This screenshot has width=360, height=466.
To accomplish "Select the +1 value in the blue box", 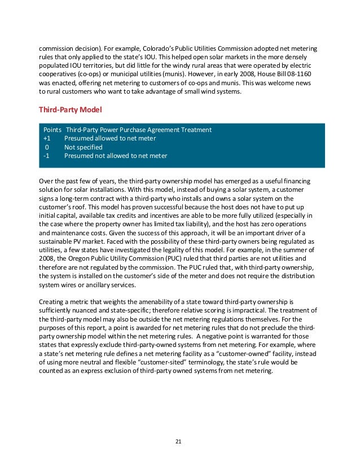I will (x=46, y=138).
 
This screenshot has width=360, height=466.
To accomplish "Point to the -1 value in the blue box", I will (x=46, y=156).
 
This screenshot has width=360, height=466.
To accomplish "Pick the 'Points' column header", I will (x=52, y=130).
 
